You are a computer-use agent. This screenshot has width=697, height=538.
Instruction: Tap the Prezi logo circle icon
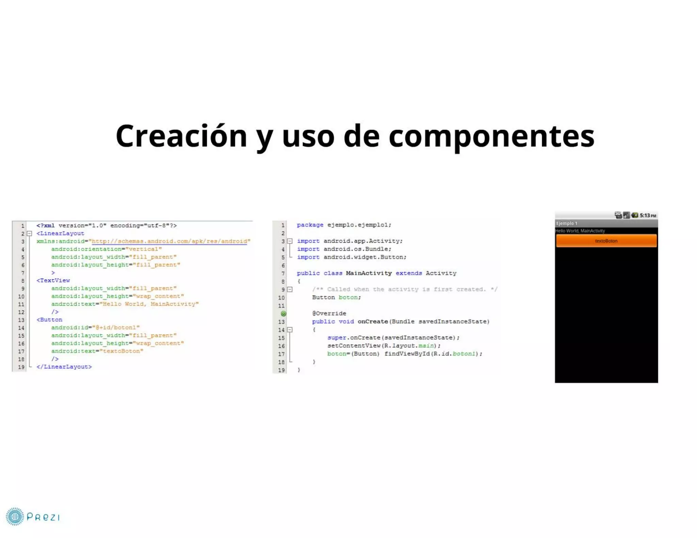(x=15, y=517)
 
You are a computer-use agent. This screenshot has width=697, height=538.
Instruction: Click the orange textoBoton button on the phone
(x=606, y=241)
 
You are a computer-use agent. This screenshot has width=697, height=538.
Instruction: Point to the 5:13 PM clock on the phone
(x=648, y=215)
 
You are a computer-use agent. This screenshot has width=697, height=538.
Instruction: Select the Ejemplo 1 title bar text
(x=567, y=223)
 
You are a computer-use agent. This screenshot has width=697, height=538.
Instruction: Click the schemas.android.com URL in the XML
(x=169, y=241)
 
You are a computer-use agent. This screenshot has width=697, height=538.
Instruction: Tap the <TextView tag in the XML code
(x=53, y=280)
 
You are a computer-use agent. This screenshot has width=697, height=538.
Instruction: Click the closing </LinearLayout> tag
(x=64, y=367)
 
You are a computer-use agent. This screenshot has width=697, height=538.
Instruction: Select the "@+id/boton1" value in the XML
(x=116, y=327)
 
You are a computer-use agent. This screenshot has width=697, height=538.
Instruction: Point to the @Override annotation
(x=329, y=313)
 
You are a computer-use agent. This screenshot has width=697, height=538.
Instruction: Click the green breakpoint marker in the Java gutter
(x=283, y=314)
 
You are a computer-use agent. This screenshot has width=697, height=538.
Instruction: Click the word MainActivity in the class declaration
(x=369, y=273)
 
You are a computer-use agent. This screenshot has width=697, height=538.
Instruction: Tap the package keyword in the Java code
(x=310, y=225)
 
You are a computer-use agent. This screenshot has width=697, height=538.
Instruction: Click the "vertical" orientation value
(x=144, y=249)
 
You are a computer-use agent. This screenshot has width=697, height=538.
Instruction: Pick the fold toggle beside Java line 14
(x=290, y=330)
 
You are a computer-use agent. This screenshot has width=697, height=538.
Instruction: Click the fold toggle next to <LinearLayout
(x=30, y=234)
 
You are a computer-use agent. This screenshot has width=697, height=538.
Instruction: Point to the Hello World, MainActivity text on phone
(x=580, y=231)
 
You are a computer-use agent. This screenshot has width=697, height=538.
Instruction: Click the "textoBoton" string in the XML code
(x=121, y=351)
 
